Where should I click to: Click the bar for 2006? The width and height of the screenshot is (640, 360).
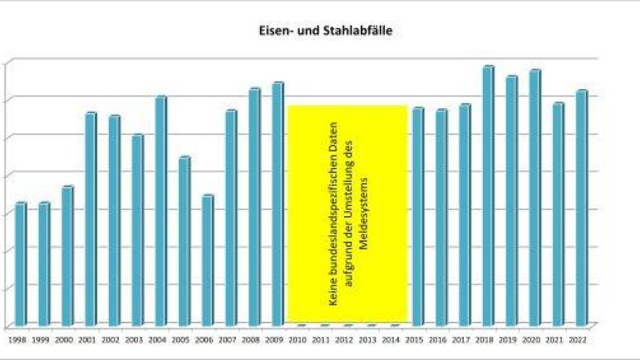coord(208,259)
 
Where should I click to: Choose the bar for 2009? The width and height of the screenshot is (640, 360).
coord(278,203)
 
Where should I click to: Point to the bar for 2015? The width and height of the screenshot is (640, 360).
coord(417,215)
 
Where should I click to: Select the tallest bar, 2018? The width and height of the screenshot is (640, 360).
coord(488,195)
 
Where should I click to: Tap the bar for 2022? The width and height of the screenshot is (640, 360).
coord(582,207)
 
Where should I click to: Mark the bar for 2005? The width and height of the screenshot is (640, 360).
coord(185,240)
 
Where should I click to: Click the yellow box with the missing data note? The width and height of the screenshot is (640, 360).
coord(347,214)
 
